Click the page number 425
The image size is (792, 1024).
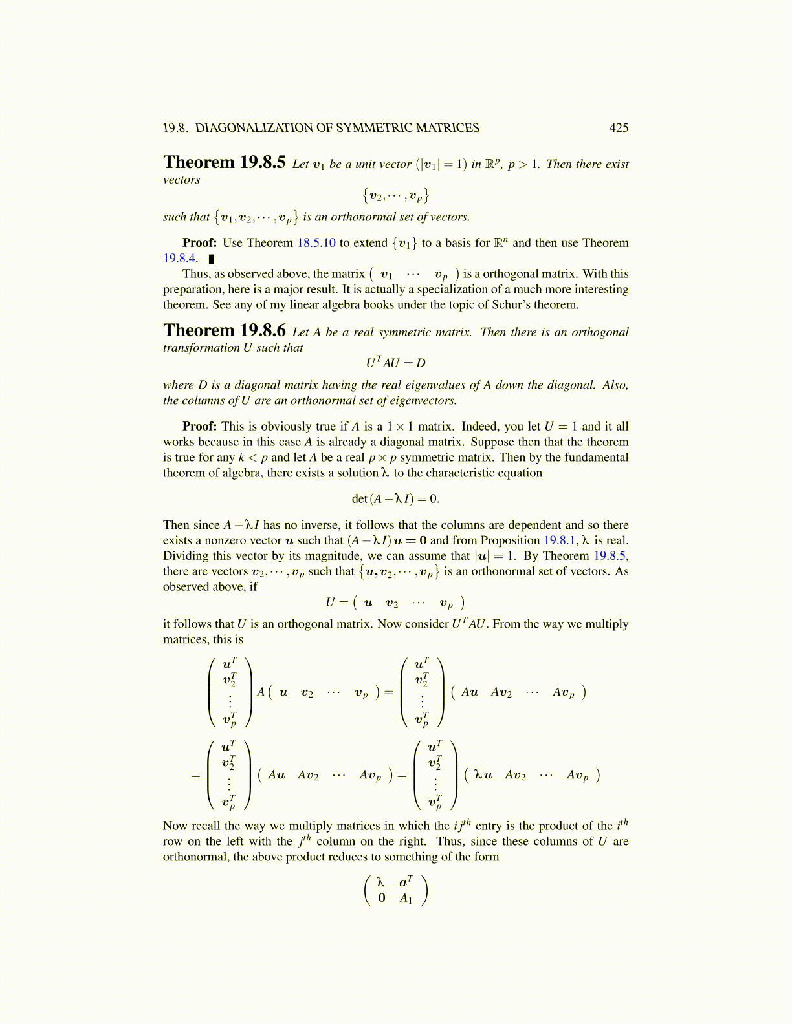coord(618,128)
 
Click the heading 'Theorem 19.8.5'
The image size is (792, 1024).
coord(224,163)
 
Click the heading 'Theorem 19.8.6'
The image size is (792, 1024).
coord(224,331)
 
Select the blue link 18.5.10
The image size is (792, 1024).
coord(316,243)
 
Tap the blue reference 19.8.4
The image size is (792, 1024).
coord(180,259)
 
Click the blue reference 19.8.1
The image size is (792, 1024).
coord(559,540)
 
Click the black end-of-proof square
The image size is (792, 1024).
coord(211,259)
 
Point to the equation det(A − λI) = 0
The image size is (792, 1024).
coord(395,499)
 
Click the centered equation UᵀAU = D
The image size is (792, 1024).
coord(395,363)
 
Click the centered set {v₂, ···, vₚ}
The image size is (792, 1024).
coord(395,195)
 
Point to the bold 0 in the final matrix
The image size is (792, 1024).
coord(382,898)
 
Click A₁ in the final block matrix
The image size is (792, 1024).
coord(406,898)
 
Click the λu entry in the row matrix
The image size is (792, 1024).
coord(483,775)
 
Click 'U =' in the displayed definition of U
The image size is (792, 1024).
coord(338,603)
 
